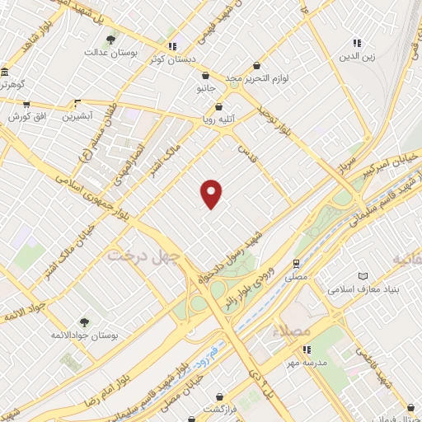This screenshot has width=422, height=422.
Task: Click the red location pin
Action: [212, 193]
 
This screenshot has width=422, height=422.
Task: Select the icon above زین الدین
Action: [357, 42]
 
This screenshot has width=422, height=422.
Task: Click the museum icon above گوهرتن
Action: [5, 72]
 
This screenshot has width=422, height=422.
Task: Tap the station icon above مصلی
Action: [296, 263]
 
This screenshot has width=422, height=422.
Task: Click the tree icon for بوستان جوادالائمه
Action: [82, 321]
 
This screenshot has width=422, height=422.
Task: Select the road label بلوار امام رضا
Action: [116, 378]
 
